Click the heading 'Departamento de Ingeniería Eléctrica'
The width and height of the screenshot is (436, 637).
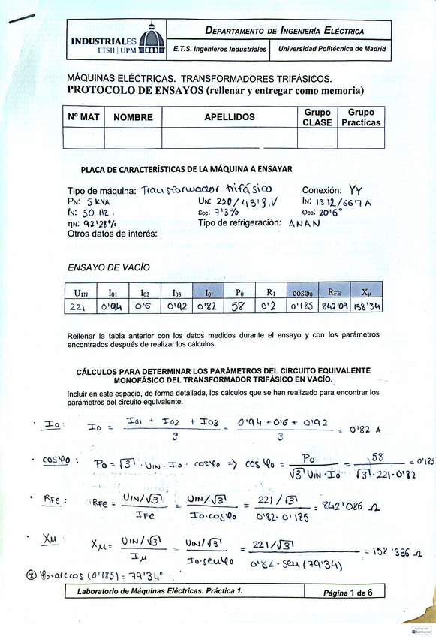pyautogui.click(x=284, y=31)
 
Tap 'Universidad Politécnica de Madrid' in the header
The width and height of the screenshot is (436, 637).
pyautogui.click(x=332, y=49)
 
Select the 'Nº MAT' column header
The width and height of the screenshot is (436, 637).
pyautogui.click(x=83, y=117)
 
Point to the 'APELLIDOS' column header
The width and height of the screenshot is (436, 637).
pyautogui.click(x=229, y=117)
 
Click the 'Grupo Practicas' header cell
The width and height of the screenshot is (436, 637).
pyautogui.click(x=361, y=117)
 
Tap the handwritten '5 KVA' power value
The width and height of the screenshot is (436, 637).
pyautogui.click(x=99, y=202)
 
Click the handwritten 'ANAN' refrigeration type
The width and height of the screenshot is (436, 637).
pyautogui.click(x=308, y=224)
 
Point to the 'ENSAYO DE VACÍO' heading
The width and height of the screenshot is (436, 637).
pyautogui.click(x=109, y=267)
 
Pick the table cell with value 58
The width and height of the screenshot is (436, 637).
pyautogui.click(x=239, y=306)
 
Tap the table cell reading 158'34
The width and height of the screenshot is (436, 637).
pyautogui.click(x=366, y=306)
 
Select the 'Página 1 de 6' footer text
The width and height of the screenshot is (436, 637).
pyautogui.click(x=353, y=593)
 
